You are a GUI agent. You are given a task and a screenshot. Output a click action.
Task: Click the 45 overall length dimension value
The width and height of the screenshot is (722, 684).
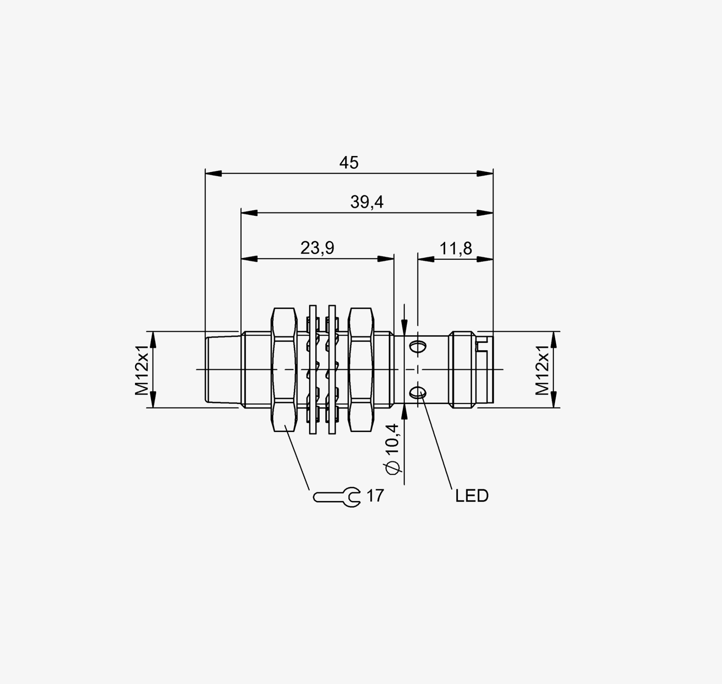[x=349, y=162]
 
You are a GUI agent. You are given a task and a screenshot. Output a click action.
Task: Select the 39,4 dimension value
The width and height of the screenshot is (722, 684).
[x=367, y=202]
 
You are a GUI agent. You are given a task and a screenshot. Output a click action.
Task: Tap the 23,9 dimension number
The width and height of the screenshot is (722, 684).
[x=317, y=248]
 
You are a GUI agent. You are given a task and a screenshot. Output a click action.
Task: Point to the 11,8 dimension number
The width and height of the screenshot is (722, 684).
[x=455, y=249]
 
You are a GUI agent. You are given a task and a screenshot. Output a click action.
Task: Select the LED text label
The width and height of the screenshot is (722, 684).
[x=471, y=496]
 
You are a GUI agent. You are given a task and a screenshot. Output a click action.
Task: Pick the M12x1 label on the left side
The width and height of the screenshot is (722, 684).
[x=142, y=370]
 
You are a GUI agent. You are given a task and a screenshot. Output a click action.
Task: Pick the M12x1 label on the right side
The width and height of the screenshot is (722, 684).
[x=542, y=370]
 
